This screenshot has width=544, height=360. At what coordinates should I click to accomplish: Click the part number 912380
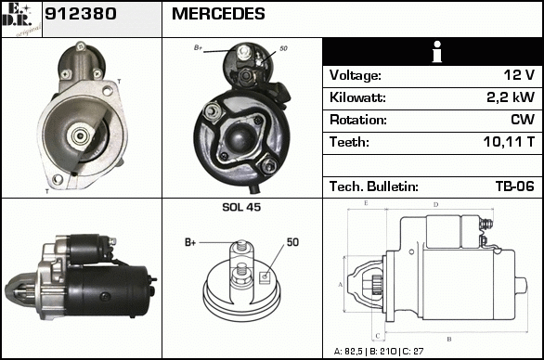click(x=81, y=14)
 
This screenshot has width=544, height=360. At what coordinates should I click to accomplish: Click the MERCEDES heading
click(x=218, y=14)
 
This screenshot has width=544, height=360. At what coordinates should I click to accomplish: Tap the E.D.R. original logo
click(x=21, y=19)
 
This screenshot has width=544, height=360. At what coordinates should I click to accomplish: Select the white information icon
click(x=437, y=52)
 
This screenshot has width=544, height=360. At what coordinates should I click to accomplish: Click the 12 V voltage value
click(x=519, y=75)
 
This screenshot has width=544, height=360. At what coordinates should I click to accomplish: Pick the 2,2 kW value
click(x=511, y=97)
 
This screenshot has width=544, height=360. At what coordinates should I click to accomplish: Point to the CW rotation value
click(x=523, y=120)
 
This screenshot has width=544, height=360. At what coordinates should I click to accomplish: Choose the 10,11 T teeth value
click(x=509, y=142)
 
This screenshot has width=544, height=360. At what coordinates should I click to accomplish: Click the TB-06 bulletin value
click(x=515, y=186)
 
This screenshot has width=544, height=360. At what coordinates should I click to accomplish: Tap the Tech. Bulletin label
click(x=374, y=186)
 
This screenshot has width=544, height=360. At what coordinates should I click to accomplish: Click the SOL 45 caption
click(x=241, y=207)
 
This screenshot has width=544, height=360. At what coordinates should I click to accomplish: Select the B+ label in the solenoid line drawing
click(x=190, y=242)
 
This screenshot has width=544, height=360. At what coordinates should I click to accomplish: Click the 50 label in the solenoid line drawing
click(x=292, y=242)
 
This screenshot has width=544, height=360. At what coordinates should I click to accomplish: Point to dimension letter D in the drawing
click(x=436, y=205)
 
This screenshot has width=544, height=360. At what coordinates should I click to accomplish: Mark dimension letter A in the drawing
click(x=341, y=285)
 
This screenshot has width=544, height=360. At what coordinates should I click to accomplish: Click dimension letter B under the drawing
click(x=449, y=340)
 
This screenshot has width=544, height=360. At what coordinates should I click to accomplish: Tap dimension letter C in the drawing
click(x=378, y=336)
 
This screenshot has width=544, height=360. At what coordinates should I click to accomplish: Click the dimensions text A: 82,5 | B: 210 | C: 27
click(x=379, y=352)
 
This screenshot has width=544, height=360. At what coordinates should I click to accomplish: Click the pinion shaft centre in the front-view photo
click(x=81, y=135)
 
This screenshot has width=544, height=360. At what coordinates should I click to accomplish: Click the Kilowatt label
click(x=357, y=97)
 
